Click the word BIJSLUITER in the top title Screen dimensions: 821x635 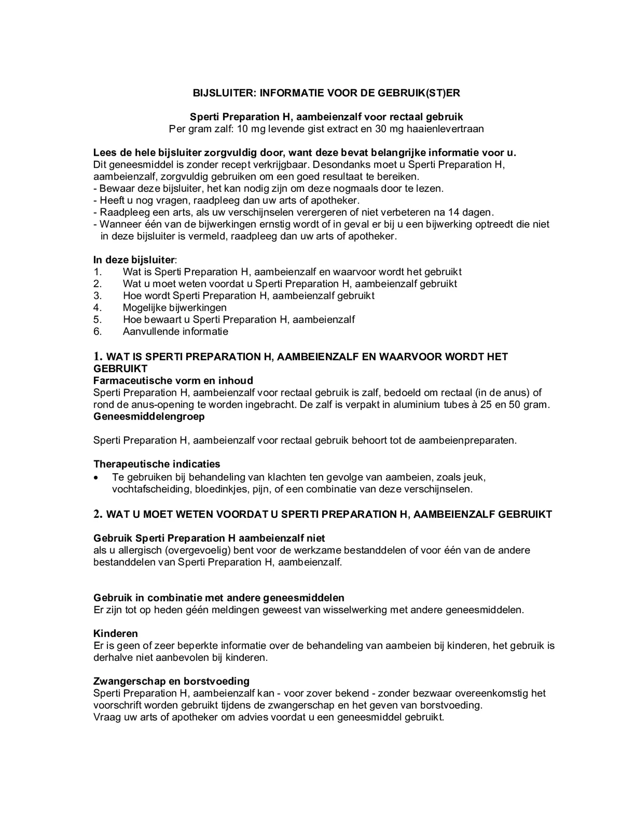(224, 93)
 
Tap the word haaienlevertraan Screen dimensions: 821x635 (445, 129)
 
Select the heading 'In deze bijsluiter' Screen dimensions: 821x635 (134, 260)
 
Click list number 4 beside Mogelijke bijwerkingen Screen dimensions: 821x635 (97, 308)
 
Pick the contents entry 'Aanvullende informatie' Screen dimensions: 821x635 (175, 331)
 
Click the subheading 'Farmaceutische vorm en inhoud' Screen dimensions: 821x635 (173, 381)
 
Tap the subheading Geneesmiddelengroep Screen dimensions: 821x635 (149, 416)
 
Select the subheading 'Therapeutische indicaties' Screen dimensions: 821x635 (156, 464)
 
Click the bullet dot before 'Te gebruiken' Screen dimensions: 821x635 (97, 477)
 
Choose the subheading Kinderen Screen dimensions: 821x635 (116, 634)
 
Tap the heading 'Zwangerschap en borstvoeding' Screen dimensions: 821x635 (171, 681)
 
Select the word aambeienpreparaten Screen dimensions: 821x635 (467, 440)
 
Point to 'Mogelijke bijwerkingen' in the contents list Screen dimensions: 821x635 (175, 308)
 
